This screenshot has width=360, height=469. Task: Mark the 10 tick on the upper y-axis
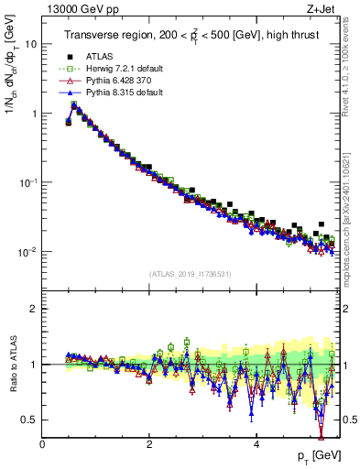[29, 43]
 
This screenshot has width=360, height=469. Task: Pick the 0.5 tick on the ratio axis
[29, 420]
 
